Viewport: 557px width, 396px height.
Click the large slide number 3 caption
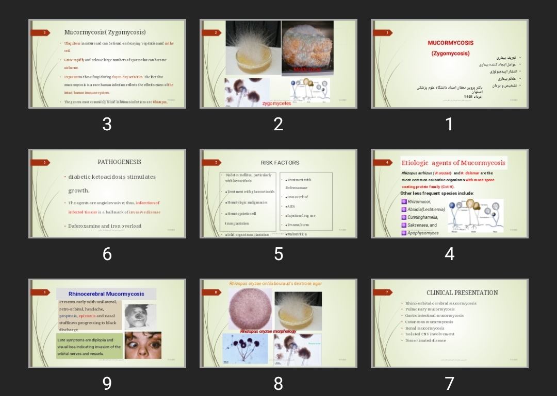pos(107,124)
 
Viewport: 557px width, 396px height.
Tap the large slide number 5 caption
pos(278,254)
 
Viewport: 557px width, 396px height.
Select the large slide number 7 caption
pos(449,383)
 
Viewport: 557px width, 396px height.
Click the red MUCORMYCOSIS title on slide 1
pos(450,43)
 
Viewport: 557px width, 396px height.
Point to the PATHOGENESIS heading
pos(119,162)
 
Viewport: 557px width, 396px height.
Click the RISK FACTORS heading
pos(280,163)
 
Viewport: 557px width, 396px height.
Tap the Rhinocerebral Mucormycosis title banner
pos(106,294)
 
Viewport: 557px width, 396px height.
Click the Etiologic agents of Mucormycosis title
pos(453,163)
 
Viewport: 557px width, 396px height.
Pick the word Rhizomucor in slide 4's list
pos(419,202)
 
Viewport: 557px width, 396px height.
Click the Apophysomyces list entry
pos(423,233)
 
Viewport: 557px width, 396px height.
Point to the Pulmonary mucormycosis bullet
pos(430,309)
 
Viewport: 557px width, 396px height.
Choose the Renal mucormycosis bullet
pos(424,328)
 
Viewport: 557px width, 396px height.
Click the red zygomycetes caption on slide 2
pos(276,104)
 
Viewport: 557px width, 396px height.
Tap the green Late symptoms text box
pos(90,347)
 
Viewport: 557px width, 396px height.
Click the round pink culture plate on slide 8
pos(250,308)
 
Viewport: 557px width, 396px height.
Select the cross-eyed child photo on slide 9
pos(143,345)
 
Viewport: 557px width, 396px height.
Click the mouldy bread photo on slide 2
pos(307,48)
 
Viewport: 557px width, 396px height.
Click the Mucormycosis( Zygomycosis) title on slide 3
pos(105,32)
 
